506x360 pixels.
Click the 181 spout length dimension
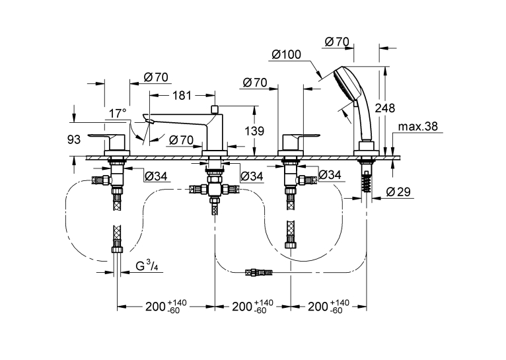tap(182, 96)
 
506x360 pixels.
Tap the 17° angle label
tap(117, 114)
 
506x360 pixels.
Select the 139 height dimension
tap(254, 131)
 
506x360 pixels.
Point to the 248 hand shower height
tap(385, 108)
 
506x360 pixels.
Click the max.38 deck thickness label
tap(418, 126)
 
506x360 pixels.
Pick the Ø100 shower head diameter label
tap(286, 54)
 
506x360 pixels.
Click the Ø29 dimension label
tap(398, 192)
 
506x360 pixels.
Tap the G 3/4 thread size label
tap(147, 266)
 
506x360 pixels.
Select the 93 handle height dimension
tap(74, 139)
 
